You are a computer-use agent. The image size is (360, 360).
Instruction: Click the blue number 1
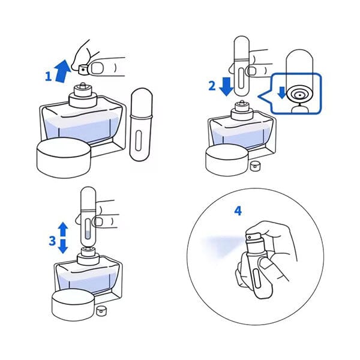(x=48, y=76)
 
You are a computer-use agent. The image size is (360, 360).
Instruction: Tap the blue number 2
(x=212, y=86)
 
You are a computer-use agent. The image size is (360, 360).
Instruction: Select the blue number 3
(x=52, y=241)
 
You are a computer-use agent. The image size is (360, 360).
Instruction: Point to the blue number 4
(x=238, y=211)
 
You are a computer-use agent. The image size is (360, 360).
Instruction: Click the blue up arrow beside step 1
(x=62, y=71)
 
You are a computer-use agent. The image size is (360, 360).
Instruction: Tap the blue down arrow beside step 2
(x=226, y=86)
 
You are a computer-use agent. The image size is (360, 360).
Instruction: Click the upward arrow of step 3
(x=63, y=229)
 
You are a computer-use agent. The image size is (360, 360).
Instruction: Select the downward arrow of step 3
(x=63, y=247)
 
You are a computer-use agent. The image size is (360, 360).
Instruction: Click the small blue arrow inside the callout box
(x=281, y=92)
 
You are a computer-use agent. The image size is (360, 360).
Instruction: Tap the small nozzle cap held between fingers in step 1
(x=83, y=69)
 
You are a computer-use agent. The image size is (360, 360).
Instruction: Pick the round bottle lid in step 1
(x=64, y=157)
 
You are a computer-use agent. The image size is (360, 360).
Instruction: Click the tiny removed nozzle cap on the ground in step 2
(x=254, y=166)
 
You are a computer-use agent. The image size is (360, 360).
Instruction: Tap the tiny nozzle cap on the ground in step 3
(x=101, y=311)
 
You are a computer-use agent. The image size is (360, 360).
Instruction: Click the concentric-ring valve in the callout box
(x=300, y=94)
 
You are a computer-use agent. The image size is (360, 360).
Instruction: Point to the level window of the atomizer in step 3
(x=88, y=229)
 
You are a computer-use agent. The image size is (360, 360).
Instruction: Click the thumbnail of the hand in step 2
(x=252, y=71)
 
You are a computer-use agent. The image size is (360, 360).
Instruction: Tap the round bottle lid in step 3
(x=73, y=305)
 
